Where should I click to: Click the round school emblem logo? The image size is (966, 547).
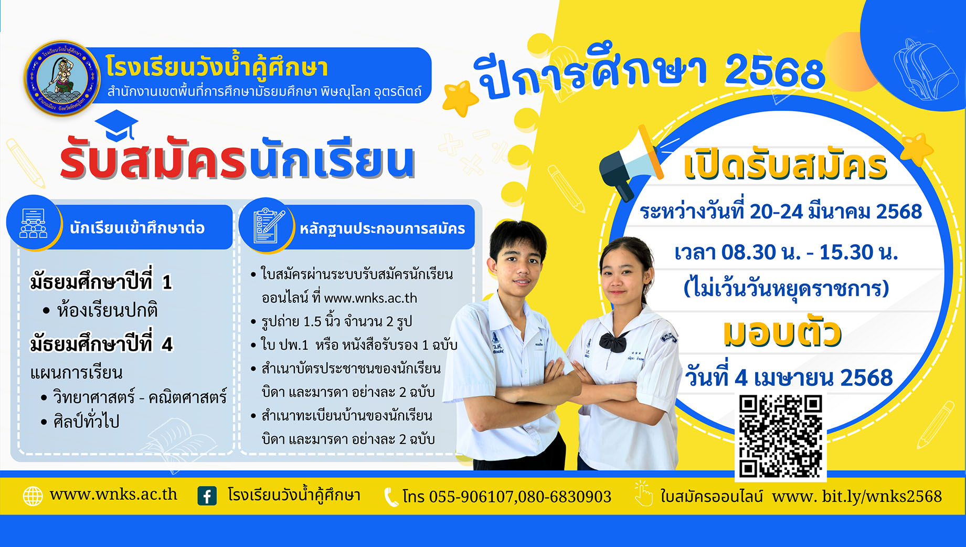(62, 78)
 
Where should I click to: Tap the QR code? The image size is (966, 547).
(780, 436)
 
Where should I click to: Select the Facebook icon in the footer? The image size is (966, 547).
(207, 496)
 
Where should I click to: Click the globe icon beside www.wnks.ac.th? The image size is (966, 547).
(33, 496)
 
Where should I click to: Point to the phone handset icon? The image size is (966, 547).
(391, 497)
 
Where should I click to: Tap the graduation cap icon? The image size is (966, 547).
(116, 125)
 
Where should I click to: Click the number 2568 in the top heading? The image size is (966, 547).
(774, 72)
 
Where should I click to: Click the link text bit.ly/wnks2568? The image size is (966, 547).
(882, 497)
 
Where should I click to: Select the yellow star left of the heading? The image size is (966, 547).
(460, 98)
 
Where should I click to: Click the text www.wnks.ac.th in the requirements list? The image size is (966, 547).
(370, 298)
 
